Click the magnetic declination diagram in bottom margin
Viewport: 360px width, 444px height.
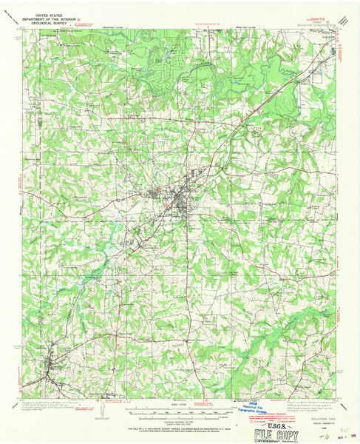pyautogui.click(x=101, y=408)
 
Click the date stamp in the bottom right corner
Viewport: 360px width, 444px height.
pyautogui.click(x=341, y=436)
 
